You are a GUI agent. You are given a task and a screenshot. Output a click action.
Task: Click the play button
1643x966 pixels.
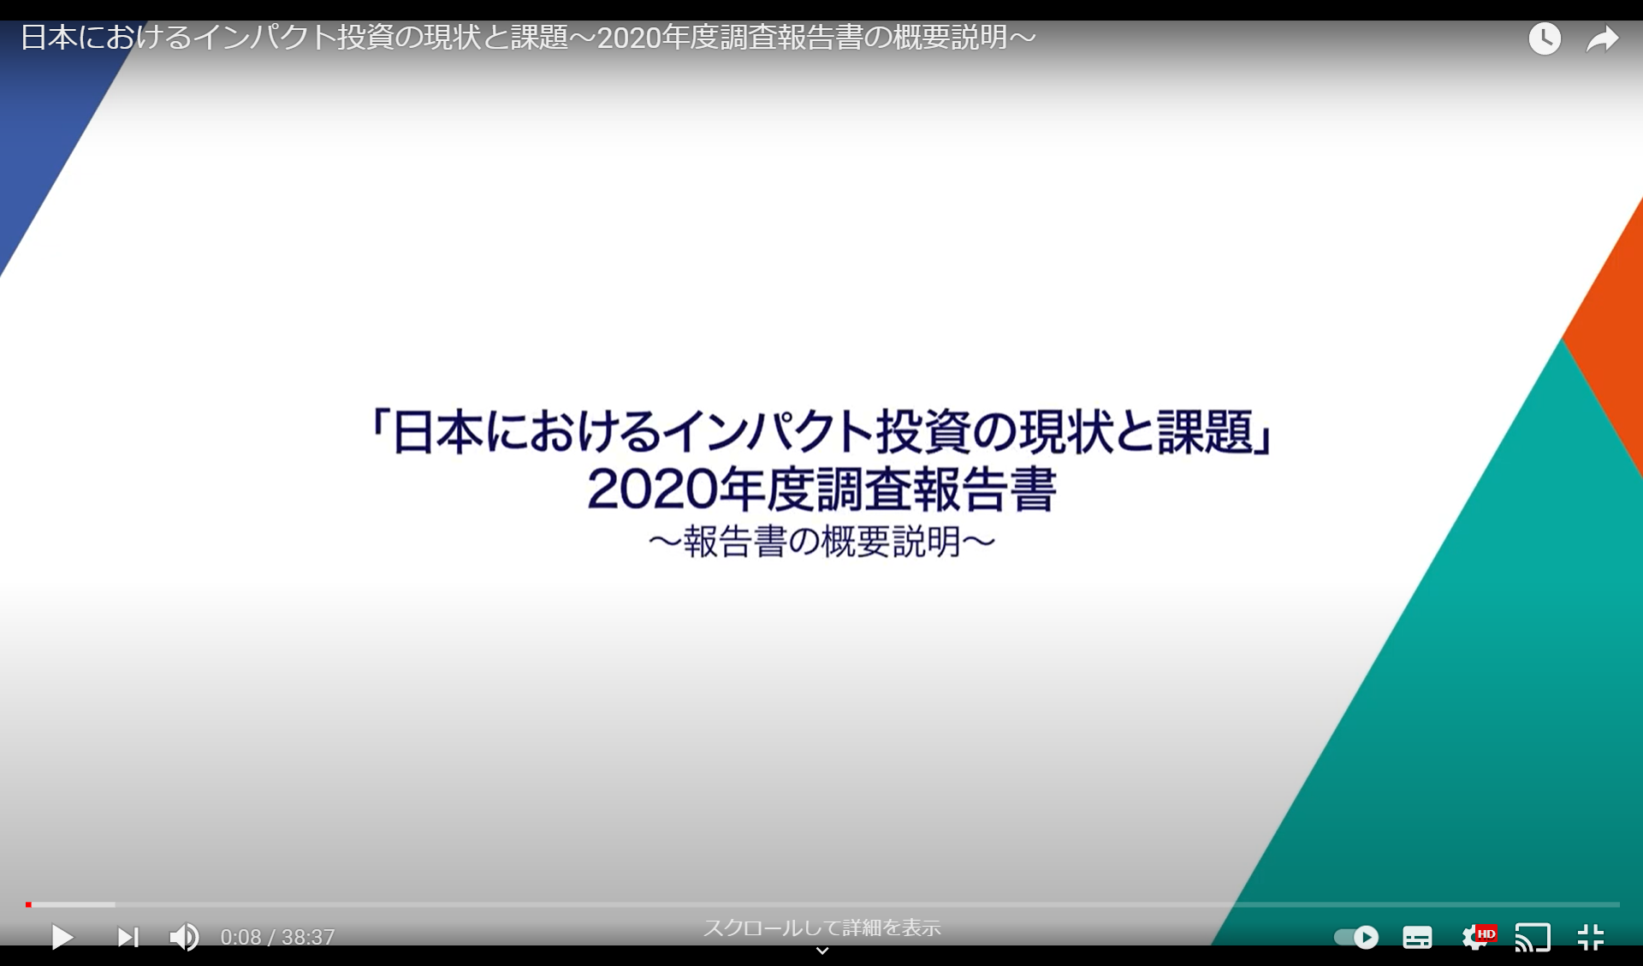pos(62,937)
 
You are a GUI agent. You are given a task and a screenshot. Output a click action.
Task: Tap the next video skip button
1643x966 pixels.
pos(128,937)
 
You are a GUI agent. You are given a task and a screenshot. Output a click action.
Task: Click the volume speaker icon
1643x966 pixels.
pos(184,937)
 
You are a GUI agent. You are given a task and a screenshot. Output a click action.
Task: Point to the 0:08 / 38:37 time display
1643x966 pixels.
pos(277,937)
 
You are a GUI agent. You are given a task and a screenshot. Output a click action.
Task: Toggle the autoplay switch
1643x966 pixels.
pos(1356,937)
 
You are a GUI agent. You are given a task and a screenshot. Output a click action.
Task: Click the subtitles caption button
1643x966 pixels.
pos(1417,937)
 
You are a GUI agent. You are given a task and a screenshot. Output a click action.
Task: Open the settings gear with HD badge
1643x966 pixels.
pos(1476,937)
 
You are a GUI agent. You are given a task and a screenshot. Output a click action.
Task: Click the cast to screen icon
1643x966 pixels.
pos(1532,937)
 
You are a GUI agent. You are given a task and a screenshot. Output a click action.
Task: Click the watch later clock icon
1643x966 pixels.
pos(1545,39)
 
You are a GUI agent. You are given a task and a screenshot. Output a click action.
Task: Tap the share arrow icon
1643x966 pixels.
pos(1602,39)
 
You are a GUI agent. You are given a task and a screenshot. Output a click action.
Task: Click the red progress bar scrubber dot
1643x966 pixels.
pos(28,904)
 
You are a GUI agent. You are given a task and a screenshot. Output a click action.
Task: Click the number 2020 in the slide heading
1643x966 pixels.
pos(651,489)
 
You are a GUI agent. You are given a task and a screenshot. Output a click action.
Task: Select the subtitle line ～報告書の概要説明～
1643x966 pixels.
pos(821,542)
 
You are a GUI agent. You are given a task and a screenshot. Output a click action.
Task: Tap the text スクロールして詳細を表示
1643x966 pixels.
pos(821,927)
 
